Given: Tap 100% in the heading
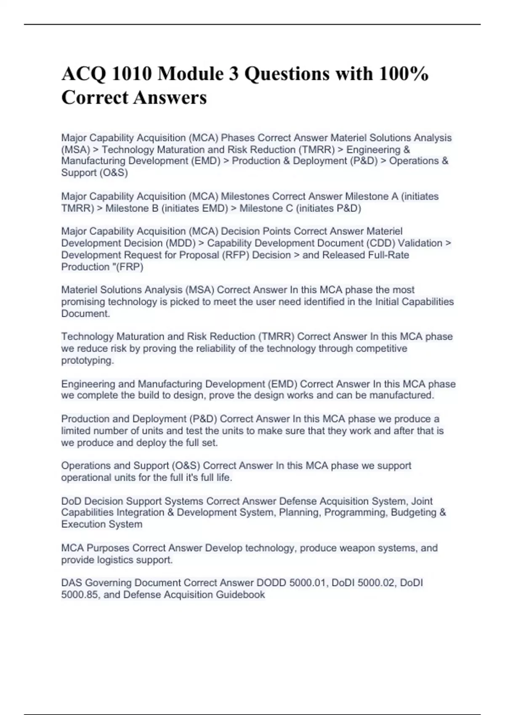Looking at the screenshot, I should (403, 74).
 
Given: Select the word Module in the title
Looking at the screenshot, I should (191, 74).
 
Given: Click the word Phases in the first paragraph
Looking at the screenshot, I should (238, 138).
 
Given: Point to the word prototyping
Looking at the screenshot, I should (88, 360).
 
